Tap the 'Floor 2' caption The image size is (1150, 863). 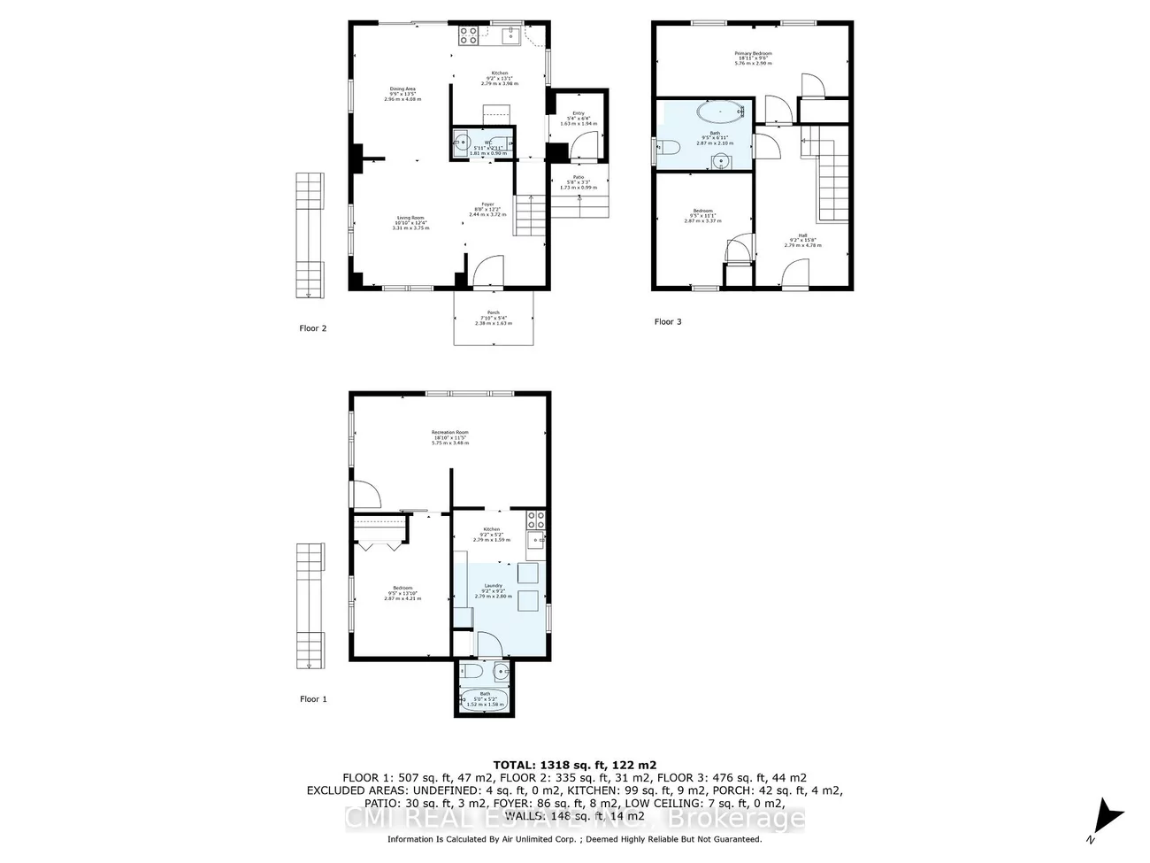click(x=312, y=328)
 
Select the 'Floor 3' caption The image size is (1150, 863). click(x=668, y=322)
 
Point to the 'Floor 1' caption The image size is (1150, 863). click(x=312, y=699)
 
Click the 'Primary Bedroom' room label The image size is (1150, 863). click(x=753, y=54)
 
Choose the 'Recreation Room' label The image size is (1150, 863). click(x=450, y=433)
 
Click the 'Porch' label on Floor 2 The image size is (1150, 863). click(x=494, y=312)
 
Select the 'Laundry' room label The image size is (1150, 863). click(x=493, y=586)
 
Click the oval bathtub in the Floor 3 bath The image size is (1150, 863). click(x=721, y=112)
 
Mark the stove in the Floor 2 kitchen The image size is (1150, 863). click(x=468, y=36)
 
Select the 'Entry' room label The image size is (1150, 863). click(x=579, y=113)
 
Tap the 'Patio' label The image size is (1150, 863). click(x=579, y=177)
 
